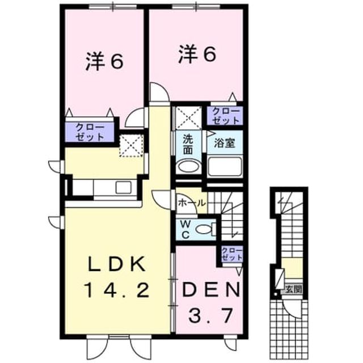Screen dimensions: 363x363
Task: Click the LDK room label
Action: click(x=117, y=264)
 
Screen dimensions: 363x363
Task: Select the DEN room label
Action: click(x=210, y=290)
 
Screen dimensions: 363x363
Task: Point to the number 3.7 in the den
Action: click(x=210, y=315)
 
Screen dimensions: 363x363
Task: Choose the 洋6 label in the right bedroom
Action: click(x=197, y=54)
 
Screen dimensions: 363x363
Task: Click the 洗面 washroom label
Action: click(x=188, y=145)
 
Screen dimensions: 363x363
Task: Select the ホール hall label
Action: click(x=192, y=203)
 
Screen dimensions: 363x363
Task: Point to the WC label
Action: click(x=185, y=229)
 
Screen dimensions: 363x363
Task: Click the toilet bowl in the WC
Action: click(x=205, y=229)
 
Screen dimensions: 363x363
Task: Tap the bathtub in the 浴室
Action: click(x=225, y=166)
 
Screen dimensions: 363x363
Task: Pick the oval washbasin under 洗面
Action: click(x=188, y=166)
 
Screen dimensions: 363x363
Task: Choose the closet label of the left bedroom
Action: click(x=90, y=132)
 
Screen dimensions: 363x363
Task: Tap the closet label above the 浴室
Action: click(x=225, y=116)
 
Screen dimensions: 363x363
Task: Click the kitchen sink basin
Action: click(x=124, y=187)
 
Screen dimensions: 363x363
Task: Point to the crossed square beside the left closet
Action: click(x=131, y=146)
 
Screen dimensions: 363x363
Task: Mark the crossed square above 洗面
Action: click(x=188, y=117)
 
